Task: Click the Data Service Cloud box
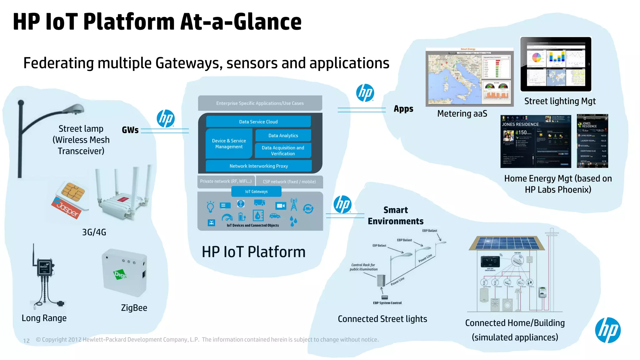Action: [x=258, y=122]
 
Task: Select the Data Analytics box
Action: [x=283, y=136]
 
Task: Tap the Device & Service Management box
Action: [x=229, y=144]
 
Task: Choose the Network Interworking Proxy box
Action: [x=258, y=166]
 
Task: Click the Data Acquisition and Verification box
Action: [x=283, y=151]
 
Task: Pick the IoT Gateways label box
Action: [x=256, y=192]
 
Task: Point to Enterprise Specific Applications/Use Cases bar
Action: [x=260, y=103]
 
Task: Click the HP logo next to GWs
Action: [x=166, y=118]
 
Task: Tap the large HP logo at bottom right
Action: [x=607, y=330]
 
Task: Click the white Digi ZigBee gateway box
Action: [x=125, y=273]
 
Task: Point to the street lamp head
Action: [x=74, y=109]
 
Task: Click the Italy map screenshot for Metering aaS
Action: [x=469, y=77]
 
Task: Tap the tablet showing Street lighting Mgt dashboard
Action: [x=556, y=64]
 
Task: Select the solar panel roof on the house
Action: [x=507, y=243]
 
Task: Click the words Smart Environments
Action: [x=396, y=216]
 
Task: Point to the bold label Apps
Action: [x=403, y=109]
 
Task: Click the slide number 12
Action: [x=27, y=341]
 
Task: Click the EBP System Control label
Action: [x=387, y=303]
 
